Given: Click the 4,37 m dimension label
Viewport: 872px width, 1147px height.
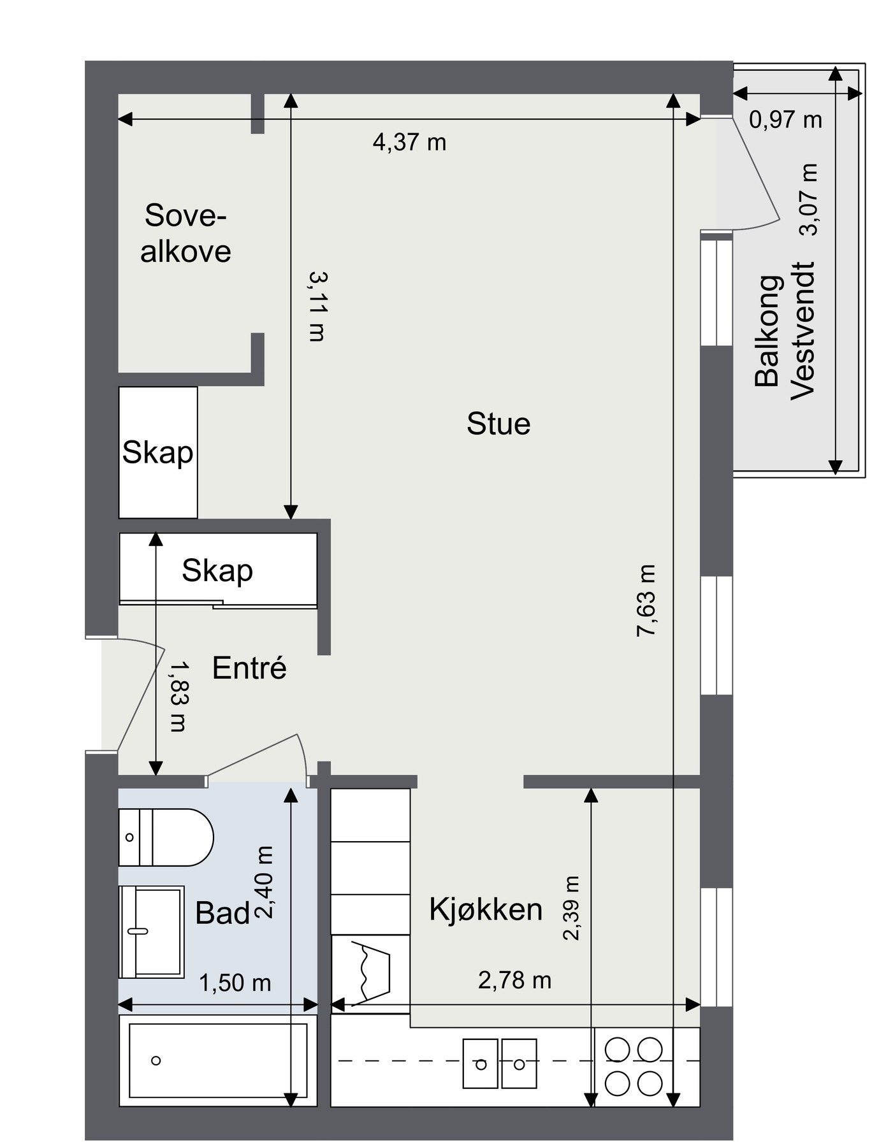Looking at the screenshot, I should pos(409,141).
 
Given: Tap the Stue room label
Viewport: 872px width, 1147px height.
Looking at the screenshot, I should pos(498,424).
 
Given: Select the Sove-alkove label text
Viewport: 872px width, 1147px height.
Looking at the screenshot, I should pos(185,233).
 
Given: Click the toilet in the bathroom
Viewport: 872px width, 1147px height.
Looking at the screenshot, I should pos(167,837).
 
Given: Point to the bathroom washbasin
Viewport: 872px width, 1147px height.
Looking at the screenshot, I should pos(152,931).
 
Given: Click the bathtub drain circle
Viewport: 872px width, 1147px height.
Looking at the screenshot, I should pos(156,1060).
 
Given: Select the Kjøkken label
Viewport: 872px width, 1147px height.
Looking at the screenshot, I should pos(486,909).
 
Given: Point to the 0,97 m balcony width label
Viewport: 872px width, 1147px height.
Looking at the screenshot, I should pos(785,119).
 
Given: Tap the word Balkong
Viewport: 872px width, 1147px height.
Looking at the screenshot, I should pos(767,331).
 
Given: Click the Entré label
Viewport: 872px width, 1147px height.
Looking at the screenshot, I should pos(249,668).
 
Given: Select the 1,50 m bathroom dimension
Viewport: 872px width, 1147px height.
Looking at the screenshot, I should pos(235,983).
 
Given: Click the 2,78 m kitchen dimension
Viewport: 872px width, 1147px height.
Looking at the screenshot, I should pos(514,980).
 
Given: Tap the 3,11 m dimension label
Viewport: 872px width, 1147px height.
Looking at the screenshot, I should pos(317,306).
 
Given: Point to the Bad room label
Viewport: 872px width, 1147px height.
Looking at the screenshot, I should pos(222,913).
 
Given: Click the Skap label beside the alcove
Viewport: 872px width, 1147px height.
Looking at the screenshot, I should pos(157,452).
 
